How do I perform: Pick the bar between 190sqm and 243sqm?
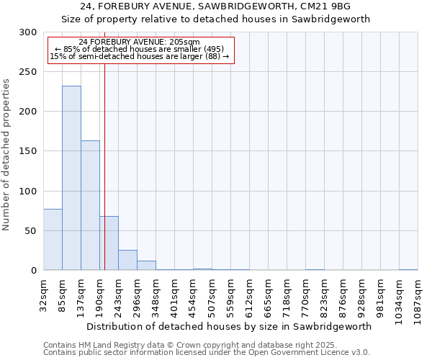(109, 243)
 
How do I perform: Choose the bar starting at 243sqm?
(127, 260)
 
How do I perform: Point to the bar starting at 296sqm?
(146, 265)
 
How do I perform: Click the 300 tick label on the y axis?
(28, 32)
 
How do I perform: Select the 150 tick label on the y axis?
(28, 151)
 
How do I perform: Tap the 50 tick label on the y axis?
(30, 231)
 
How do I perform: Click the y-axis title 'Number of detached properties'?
(7, 155)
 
